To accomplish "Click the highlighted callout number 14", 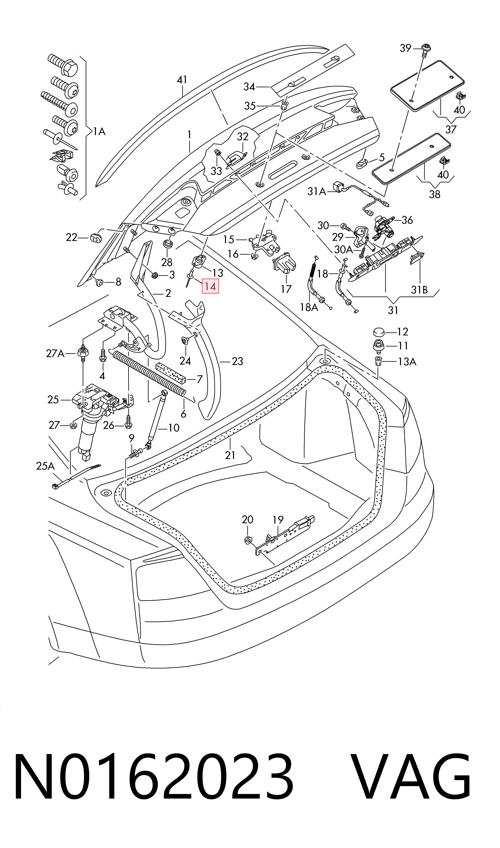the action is tap(210, 286).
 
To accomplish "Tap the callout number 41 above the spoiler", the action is tap(182, 80).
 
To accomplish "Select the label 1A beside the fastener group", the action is tap(99, 131).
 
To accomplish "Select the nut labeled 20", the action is tap(248, 540).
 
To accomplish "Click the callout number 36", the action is tap(407, 220).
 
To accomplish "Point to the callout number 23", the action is tap(237, 361).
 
